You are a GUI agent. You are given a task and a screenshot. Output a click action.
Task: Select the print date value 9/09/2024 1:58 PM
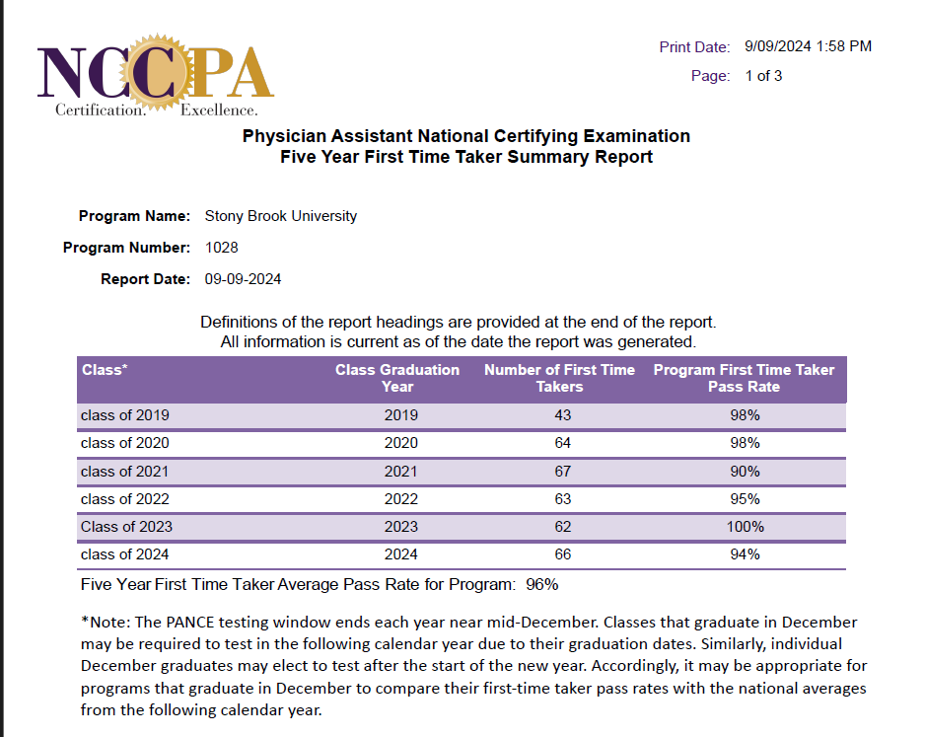coord(808,46)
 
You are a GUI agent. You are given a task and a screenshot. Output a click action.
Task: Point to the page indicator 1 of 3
coord(763,76)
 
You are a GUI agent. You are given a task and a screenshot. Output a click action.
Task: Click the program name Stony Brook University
coord(280,216)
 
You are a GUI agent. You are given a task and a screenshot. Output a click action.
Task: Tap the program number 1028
coord(221,248)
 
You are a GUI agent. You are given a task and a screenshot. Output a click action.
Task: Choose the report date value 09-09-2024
coord(243,279)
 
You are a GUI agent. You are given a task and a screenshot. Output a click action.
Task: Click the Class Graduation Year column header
coord(397,378)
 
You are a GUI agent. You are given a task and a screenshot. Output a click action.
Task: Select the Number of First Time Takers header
coord(559,378)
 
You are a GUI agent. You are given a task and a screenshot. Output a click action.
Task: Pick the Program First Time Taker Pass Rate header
coord(744,378)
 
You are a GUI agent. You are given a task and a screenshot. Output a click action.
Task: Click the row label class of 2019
coord(125,415)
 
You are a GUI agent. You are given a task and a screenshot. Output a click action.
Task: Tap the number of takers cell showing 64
coord(563,443)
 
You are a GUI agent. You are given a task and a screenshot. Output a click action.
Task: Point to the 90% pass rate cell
coord(745,472)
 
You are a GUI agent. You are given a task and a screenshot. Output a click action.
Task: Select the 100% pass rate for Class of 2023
coord(745,527)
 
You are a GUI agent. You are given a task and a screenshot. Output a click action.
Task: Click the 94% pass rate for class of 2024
coord(745,554)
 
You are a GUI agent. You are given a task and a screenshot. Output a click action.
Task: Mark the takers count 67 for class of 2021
coord(563,472)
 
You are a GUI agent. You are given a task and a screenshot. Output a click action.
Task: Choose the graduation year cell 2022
coord(401,499)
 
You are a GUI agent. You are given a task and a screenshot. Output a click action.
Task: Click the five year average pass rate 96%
coord(542,584)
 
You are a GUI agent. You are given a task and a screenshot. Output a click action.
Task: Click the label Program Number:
coord(126,248)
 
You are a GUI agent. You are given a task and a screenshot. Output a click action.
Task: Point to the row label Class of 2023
coord(126,527)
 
